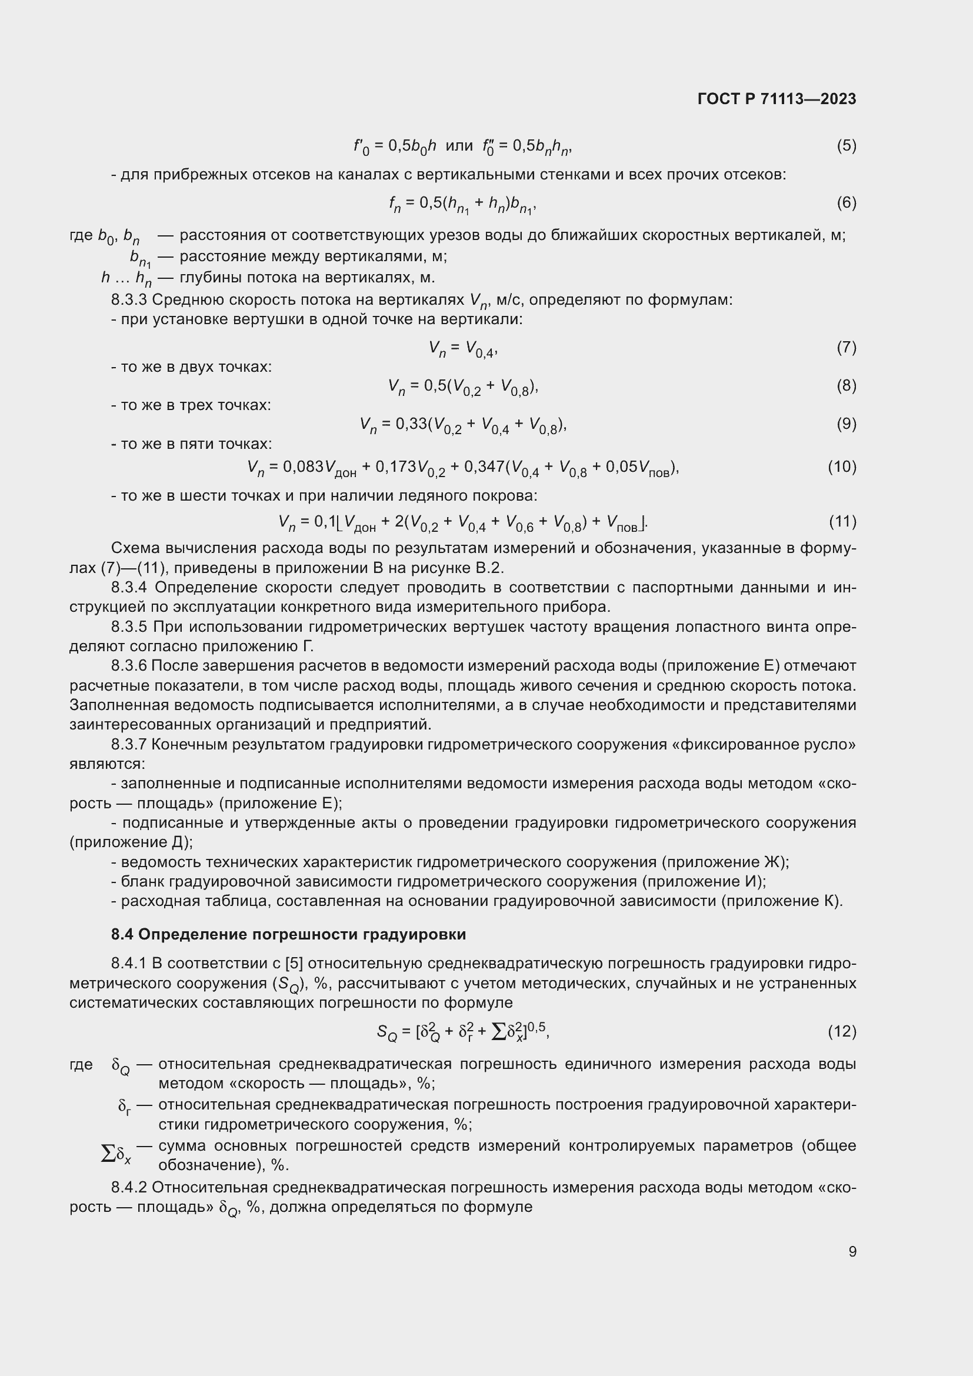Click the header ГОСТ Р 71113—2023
click(777, 99)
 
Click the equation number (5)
click(846, 146)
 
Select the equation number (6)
click(846, 202)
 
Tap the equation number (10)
click(842, 467)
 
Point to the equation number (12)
click(842, 1031)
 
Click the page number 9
click(852, 1251)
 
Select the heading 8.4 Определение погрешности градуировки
click(288, 934)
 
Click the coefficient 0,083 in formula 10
click(303, 467)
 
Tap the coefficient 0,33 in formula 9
click(412, 424)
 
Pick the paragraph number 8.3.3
click(129, 299)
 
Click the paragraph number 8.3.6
click(129, 666)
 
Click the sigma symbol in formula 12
click(498, 1031)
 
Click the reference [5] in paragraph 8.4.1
click(294, 963)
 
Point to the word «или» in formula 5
click(459, 146)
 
